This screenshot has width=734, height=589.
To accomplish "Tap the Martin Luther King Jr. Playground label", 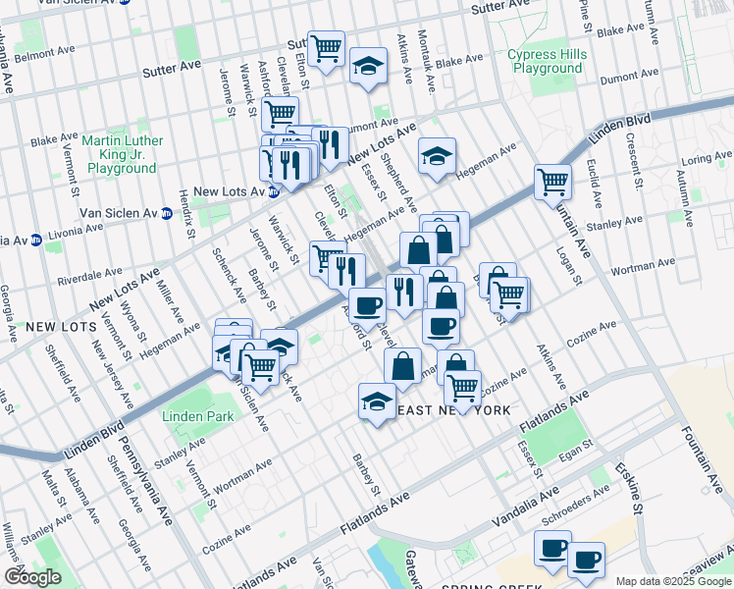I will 123,154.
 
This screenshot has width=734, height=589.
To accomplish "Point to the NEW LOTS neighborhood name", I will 62,325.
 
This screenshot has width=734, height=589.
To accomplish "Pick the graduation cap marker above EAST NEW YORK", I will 377,401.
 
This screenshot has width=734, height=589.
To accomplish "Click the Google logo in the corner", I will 32,576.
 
